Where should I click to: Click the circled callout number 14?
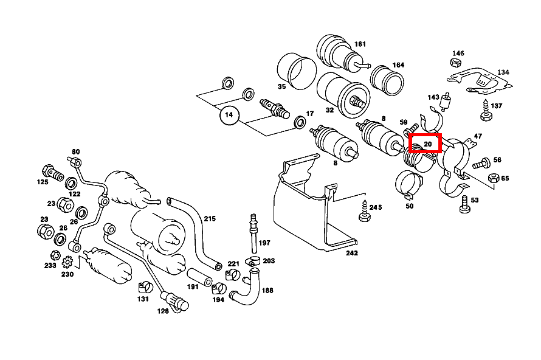pos(229,114)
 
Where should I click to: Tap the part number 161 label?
pos(360,44)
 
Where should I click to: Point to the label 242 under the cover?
pos(351,253)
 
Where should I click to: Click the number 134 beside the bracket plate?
pos(503,72)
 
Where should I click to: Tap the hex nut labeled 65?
pos(494,179)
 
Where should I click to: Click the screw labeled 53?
pos(465,204)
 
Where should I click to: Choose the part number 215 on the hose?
pos(209,218)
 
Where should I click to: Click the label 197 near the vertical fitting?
pos(264,243)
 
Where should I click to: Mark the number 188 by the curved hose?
pos(267,291)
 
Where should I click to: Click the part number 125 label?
pos(43,182)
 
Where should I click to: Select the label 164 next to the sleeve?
pos(398,65)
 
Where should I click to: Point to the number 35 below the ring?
pos(281,87)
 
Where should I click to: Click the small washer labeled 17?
pos(300,124)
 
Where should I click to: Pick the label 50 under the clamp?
pos(409,207)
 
